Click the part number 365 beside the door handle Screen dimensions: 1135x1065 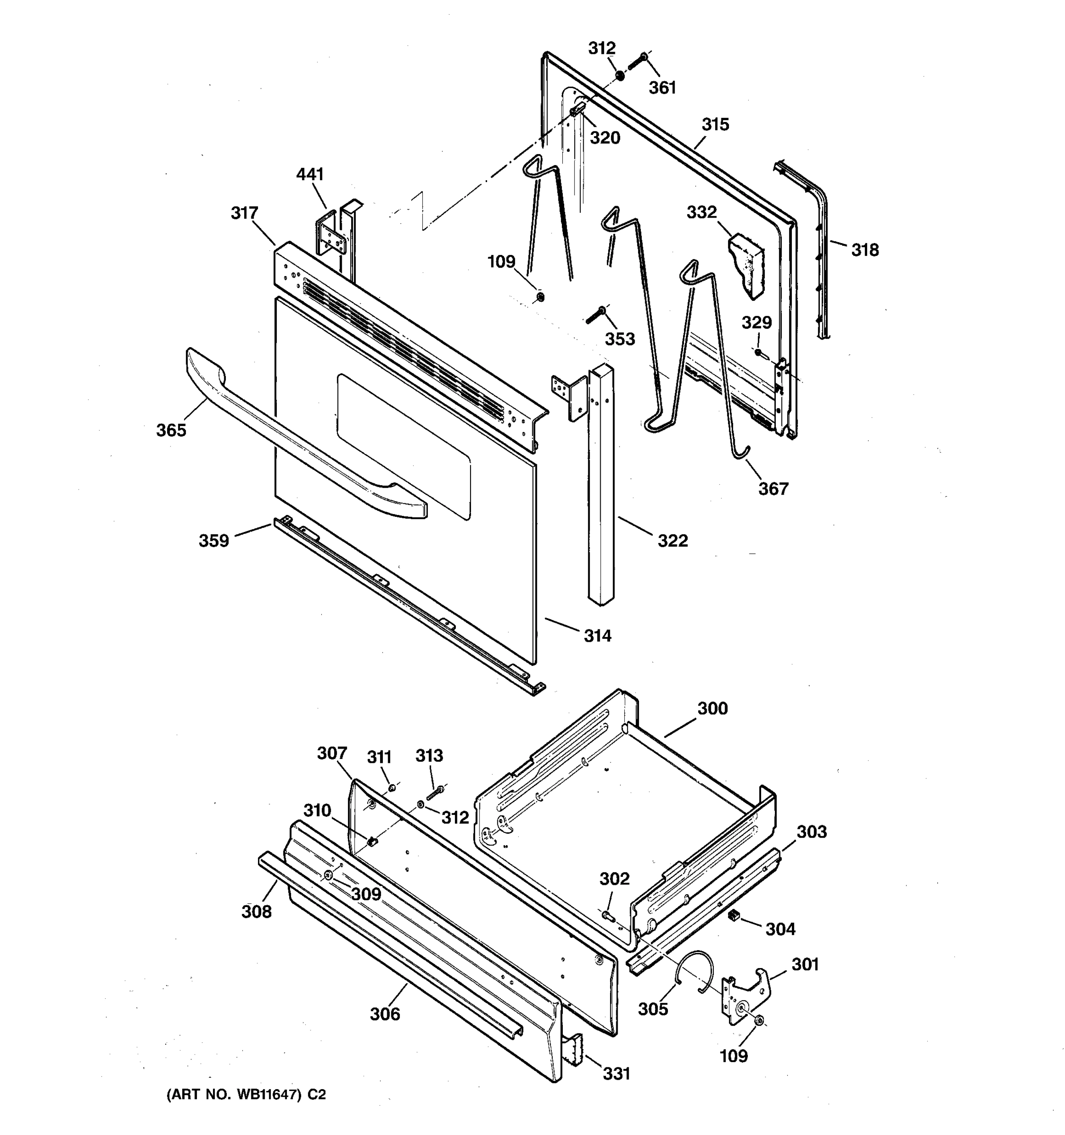tap(171, 430)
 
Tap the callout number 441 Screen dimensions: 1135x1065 tap(310, 174)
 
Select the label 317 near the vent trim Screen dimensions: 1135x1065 tap(245, 213)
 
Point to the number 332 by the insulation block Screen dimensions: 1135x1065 tap(701, 212)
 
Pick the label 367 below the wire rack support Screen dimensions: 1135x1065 tap(773, 489)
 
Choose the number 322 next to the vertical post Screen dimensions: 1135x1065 tap(673, 540)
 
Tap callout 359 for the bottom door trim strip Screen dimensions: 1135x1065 tap(213, 540)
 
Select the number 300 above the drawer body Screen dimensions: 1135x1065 tap(712, 708)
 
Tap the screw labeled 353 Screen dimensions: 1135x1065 tap(596, 314)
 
